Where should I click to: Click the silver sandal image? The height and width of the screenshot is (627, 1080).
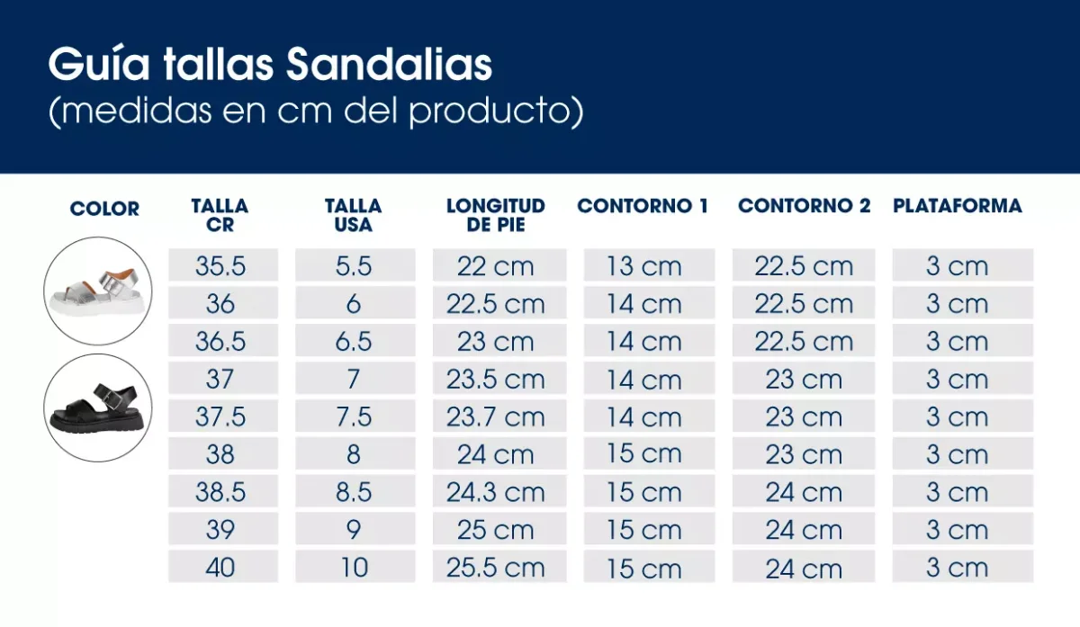98,291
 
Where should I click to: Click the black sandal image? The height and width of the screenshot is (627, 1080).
98,408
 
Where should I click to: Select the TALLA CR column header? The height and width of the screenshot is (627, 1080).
220,216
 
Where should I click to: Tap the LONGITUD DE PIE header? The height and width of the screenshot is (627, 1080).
496,216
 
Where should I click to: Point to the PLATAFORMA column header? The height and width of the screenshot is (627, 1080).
958,206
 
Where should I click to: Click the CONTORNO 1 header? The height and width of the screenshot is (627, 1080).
643,206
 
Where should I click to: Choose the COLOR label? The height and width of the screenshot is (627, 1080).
104,209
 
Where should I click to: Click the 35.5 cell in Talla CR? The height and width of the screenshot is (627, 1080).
220,266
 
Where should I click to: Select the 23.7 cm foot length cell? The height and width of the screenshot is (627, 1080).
496,417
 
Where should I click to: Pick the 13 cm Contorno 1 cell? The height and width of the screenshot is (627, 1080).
644,266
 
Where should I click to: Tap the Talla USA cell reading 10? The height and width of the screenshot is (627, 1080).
355,568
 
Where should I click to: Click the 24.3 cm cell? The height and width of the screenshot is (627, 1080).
496,493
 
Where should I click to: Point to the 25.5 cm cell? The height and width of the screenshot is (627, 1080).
496,568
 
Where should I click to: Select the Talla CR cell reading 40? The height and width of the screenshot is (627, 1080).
220,568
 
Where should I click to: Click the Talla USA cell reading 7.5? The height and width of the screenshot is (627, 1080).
354,417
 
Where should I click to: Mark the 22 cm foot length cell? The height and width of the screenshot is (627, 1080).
496,266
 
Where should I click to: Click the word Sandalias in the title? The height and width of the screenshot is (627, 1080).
390,65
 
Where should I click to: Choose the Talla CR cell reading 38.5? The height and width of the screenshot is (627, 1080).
220,493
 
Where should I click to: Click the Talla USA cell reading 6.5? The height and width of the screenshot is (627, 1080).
354,342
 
